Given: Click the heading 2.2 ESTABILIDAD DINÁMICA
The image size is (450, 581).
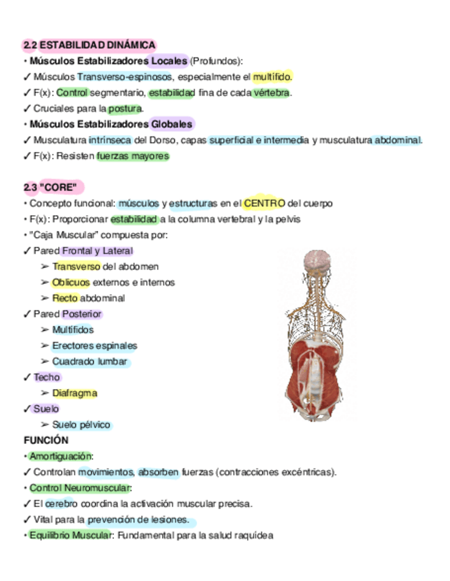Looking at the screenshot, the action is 89,45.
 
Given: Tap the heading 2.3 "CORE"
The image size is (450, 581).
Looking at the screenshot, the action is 53,187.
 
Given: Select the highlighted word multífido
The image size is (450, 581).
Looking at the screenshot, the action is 272,77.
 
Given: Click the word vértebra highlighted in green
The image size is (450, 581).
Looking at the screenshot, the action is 270,92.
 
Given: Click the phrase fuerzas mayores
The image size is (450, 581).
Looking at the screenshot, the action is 132,156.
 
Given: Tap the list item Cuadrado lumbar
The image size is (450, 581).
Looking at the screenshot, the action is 90,361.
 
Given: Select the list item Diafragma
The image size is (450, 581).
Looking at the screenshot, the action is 75,393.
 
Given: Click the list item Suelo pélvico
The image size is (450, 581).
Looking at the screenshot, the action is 81,425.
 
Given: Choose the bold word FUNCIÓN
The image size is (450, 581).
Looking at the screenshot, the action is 46,441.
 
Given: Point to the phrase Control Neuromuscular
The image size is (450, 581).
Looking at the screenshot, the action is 79,488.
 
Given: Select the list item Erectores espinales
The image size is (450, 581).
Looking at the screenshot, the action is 95,345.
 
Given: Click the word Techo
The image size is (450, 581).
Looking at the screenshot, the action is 47,378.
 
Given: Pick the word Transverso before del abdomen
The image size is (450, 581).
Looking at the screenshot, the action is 76,267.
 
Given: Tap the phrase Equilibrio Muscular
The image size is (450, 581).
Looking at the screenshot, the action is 69,535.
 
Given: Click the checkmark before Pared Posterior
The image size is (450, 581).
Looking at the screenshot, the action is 27,314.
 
